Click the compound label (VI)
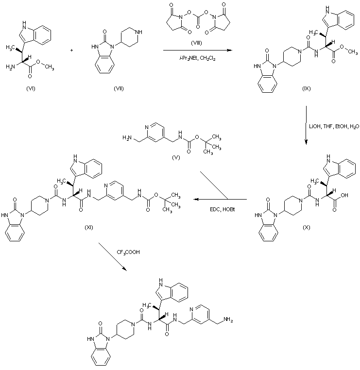click(x=31, y=88)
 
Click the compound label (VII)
click(x=119, y=88)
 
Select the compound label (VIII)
click(x=196, y=43)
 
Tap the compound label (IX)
click(x=306, y=88)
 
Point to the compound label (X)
click(x=306, y=227)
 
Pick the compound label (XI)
click(x=89, y=227)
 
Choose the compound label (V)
click(x=176, y=158)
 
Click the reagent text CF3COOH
click(x=128, y=252)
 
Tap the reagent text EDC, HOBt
click(x=223, y=209)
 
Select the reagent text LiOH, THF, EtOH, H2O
click(x=334, y=126)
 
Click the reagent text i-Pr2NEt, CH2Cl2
click(x=197, y=58)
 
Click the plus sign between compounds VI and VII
click(x=72, y=50)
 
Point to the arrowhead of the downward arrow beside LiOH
click(x=306, y=142)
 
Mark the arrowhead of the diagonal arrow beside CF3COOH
click(x=125, y=269)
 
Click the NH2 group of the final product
click(x=228, y=320)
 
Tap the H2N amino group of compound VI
click(x=10, y=67)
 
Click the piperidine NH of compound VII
click(x=139, y=32)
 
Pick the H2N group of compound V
click(x=127, y=137)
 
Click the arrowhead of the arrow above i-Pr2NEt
click(x=230, y=50)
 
